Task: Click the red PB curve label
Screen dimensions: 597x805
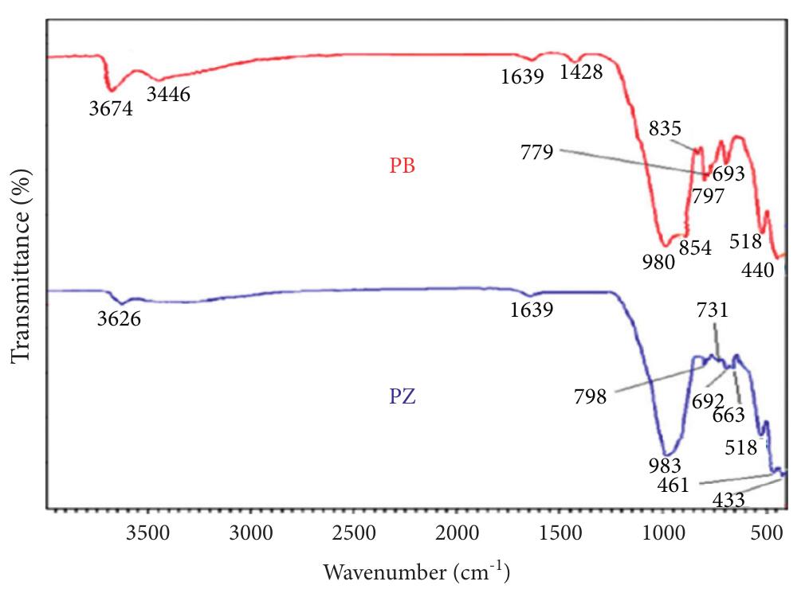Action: [x=402, y=168]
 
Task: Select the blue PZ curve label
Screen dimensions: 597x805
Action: [x=402, y=396]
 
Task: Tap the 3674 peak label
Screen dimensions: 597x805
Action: [x=111, y=108]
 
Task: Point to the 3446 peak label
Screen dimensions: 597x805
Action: [x=169, y=95]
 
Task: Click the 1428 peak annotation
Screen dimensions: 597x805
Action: [x=580, y=72]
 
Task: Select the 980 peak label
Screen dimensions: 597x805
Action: [x=659, y=260]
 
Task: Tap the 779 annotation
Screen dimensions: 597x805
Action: [x=536, y=152]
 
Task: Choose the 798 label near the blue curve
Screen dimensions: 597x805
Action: [x=590, y=396]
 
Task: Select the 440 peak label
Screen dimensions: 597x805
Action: [x=757, y=270]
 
